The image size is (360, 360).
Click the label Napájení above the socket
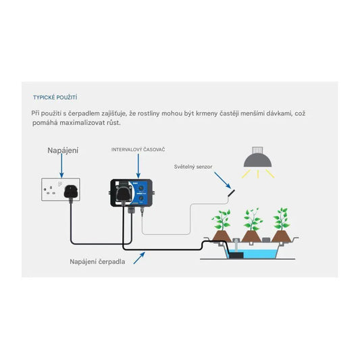tap(62, 150)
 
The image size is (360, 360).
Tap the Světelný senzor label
tap(192, 166)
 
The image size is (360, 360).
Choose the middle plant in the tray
tap(252, 226)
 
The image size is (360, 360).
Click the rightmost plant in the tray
tap(282, 226)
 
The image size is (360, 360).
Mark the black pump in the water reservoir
tap(236, 253)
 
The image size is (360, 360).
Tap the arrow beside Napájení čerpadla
tap(139, 257)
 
